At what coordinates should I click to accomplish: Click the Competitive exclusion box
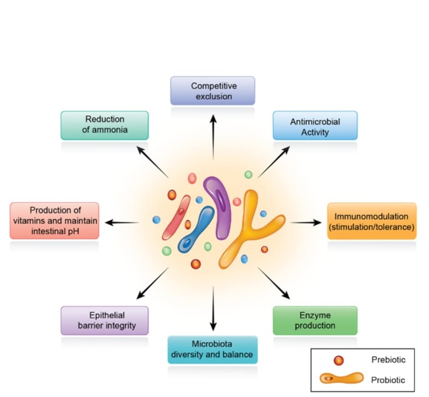(213, 91)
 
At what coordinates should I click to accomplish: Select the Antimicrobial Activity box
(315, 126)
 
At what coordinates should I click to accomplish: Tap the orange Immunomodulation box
(372, 221)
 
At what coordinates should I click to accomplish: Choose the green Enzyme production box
(315, 320)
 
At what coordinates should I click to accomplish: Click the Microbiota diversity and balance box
(212, 350)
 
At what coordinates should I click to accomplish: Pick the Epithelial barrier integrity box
(104, 320)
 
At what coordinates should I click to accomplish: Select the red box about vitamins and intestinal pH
(55, 220)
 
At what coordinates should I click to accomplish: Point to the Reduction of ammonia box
(104, 125)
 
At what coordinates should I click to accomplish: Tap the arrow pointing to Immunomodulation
(305, 223)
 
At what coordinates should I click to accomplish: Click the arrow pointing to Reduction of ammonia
(152, 161)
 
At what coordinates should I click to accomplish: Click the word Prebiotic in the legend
(388, 360)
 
